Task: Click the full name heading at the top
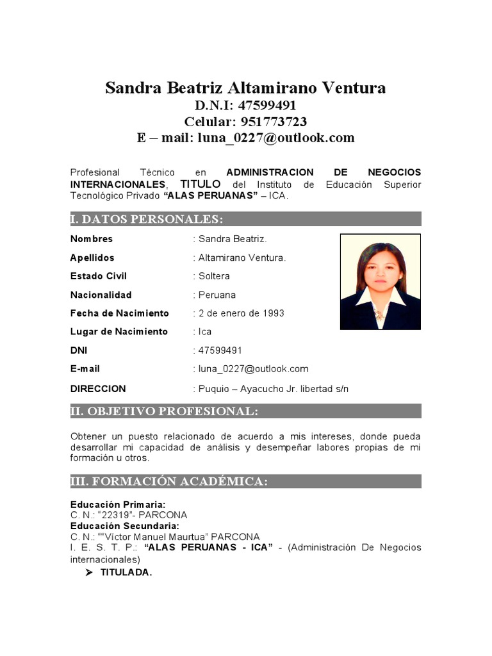(245, 88)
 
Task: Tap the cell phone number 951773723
(273, 122)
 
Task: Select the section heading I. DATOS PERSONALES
(147, 220)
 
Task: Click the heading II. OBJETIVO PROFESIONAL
(164, 411)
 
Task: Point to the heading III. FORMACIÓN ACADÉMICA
(169, 482)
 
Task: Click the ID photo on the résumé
(380, 281)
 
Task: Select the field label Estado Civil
(99, 276)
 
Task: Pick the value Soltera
(214, 276)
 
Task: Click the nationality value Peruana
(217, 295)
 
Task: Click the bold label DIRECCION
(98, 389)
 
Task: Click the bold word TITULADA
(126, 573)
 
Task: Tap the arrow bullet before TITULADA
(89, 573)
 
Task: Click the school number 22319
(115, 515)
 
